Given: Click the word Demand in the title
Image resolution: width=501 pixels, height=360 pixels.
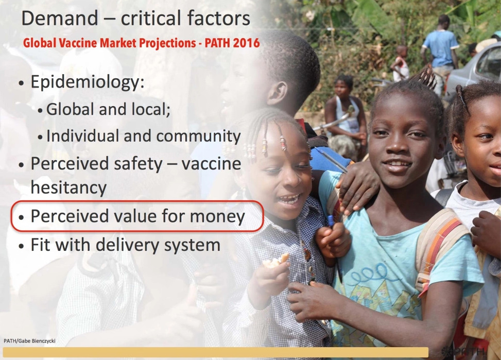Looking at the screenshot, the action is coord(60,18).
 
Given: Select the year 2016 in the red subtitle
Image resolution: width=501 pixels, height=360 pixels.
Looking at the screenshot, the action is coord(246,43).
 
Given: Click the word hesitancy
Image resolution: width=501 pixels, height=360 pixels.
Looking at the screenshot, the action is coord(68,187).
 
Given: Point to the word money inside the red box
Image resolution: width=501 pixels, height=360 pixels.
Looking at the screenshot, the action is coord(217,217).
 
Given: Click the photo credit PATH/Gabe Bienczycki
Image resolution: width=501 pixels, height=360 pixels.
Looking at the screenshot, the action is coord(29,341).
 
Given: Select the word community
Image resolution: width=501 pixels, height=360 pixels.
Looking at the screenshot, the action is coord(198,136).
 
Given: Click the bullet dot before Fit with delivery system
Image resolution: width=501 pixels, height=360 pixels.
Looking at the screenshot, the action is coord(22,247).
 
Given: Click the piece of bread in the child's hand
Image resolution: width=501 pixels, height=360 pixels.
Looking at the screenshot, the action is coord(276,260).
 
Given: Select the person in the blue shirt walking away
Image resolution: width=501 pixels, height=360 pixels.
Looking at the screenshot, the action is coord(440,48).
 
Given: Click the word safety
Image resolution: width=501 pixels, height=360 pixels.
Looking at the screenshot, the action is coord(138,164).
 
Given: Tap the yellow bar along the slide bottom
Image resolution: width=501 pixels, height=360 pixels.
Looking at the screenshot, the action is coord(216,352).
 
